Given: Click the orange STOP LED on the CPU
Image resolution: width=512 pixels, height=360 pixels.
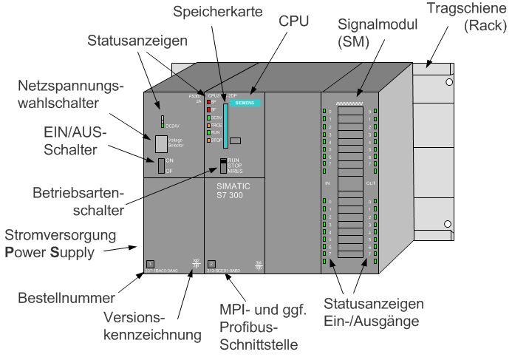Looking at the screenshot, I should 209,140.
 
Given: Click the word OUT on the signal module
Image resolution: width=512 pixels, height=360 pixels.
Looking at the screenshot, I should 372,183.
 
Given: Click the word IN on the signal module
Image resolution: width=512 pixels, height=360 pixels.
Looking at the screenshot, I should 327,183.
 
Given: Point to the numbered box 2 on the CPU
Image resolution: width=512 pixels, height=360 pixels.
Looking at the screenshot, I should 211,264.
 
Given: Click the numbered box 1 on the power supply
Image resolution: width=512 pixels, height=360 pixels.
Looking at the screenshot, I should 149,264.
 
